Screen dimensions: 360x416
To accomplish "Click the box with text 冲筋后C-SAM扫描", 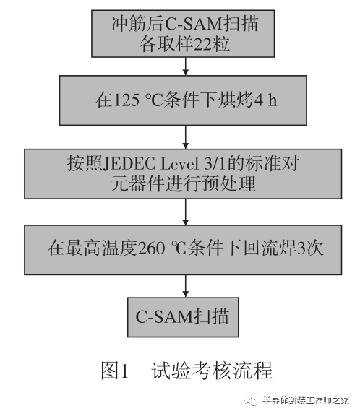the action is [x=183, y=34].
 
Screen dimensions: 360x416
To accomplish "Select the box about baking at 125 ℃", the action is [x=183, y=100].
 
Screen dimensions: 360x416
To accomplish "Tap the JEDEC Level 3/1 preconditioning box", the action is [x=183, y=174].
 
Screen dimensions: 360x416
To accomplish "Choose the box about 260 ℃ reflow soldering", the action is [x=183, y=250].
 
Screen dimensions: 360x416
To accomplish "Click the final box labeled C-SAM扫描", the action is [x=183, y=317].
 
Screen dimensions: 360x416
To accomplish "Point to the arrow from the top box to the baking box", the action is [x=186, y=66].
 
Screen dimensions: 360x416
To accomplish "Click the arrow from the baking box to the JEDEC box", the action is [x=186, y=137].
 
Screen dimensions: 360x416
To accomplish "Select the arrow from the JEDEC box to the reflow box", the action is [x=186, y=212].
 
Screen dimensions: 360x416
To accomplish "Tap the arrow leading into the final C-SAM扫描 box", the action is [x=186, y=286].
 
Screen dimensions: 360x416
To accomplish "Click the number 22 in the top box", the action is [x=202, y=44].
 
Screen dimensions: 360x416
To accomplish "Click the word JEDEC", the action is [x=129, y=164].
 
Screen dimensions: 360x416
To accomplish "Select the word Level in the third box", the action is [x=180, y=164].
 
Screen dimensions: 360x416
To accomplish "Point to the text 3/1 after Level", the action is [x=215, y=164].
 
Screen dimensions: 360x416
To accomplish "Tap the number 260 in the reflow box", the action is [x=151, y=248].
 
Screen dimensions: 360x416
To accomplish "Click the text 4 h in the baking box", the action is [x=266, y=100].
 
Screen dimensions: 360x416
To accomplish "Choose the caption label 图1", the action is [x=115, y=370].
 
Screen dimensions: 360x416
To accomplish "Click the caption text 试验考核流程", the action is [x=212, y=370].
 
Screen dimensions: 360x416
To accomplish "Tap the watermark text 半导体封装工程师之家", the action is [x=306, y=400].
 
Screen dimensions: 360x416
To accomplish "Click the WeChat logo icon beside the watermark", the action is [x=251, y=400].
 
